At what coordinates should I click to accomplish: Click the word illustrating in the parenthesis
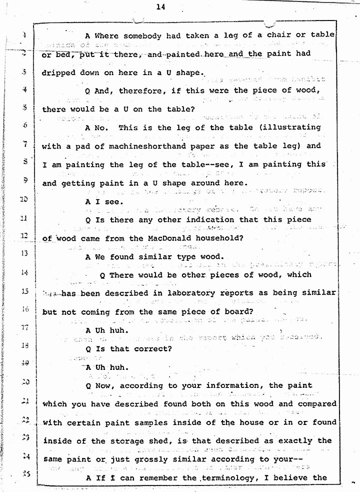pos(291,127)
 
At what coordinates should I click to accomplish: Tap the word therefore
pos(144,91)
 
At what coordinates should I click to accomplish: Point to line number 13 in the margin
pos(24,253)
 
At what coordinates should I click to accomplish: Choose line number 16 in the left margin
pos(24,309)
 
